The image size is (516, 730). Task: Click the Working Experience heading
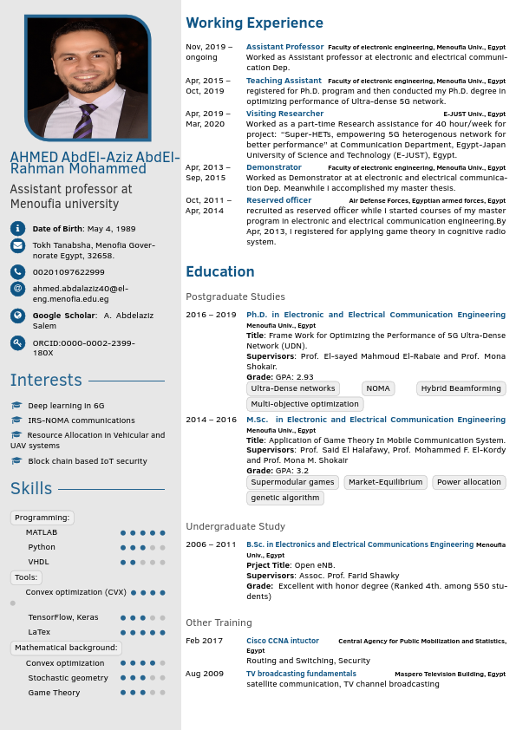(x=254, y=23)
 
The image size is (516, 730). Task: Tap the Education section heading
(x=219, y=272)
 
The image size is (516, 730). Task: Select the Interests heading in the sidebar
(x=46, y=381)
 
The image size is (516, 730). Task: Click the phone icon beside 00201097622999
(x=17, y=272)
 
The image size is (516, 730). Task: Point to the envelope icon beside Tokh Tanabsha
(x=17, y=245)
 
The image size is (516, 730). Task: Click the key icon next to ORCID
(x=17, y=343)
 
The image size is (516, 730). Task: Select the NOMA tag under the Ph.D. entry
(x=377, y=388)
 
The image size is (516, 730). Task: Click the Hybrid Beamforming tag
(x=460, y=388)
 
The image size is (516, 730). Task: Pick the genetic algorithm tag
(x=285, y=498)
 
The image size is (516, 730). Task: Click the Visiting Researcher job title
(x=284, y=114)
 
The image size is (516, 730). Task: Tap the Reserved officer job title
(x=278, y=200)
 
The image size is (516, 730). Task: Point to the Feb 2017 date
(x=204, y=641)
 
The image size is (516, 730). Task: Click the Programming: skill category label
(x=42, y=518)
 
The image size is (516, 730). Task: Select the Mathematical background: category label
(x=65, y=648)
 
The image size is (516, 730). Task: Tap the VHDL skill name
(x=38, y=562)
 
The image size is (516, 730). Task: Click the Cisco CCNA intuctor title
(x=283, y=641)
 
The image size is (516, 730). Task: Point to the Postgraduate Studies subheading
(x=235, y=297)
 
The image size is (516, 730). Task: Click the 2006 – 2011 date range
(x=211, y=544)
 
